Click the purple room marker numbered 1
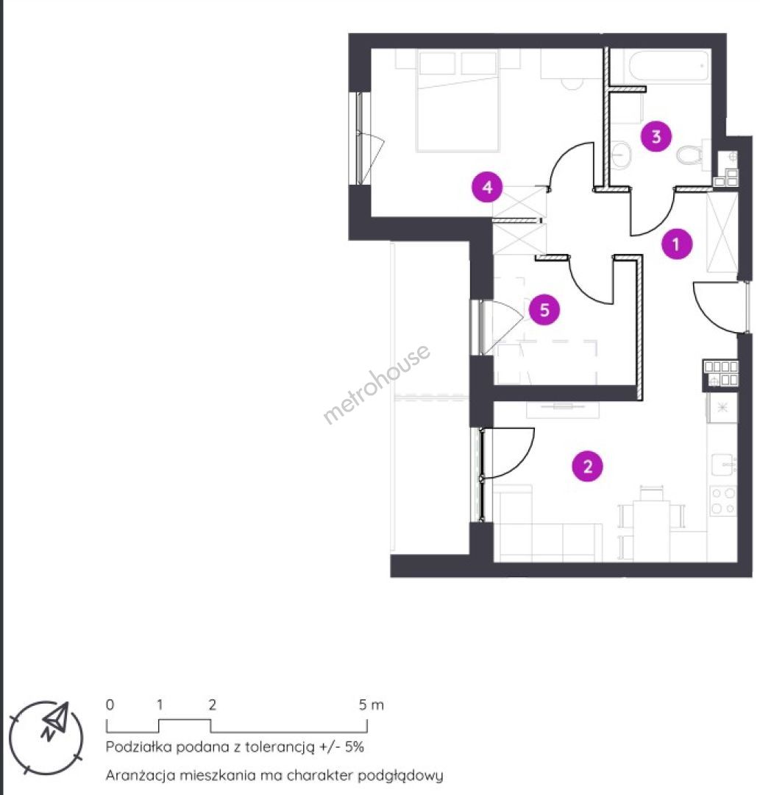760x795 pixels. (x=676, y=244)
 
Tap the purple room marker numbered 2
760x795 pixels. (x=587, y=466)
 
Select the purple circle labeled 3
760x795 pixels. (x=656, y=136)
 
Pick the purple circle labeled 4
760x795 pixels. (x=487, y=187)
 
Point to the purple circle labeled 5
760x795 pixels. (x=544, y=310)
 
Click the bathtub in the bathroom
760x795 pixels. (x=668, y=66)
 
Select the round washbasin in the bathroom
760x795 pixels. (x=620, y=154)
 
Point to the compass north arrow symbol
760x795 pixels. (x=56, y=720)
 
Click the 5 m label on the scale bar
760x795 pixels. (x=372, y=704)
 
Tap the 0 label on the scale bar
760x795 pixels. (x=110, y=704)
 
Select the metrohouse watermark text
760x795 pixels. (x=377, y=384)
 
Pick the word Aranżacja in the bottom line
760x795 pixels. (x=138, y=776)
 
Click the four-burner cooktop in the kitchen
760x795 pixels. (x=723, y=501)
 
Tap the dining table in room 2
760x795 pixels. (x=651, y=531)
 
